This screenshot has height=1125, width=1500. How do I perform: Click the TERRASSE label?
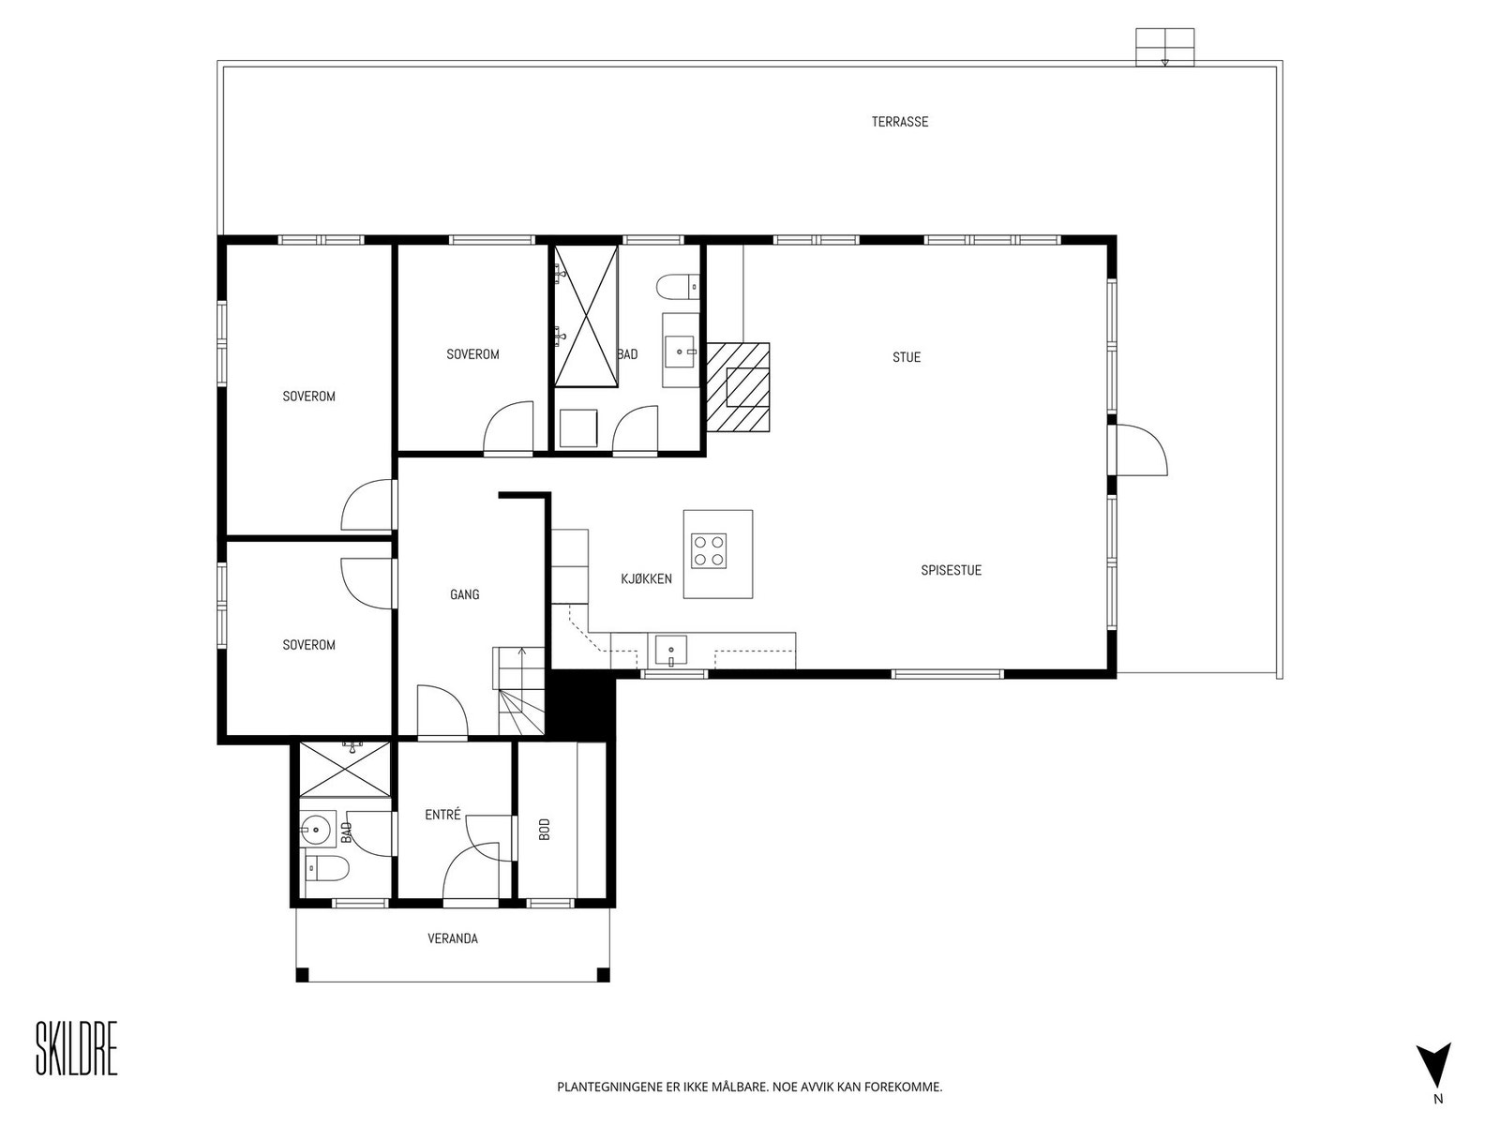tap(899, 122)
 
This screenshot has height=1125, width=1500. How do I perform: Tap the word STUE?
tap(907, 357)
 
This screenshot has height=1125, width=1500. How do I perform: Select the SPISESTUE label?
tap(951, 570)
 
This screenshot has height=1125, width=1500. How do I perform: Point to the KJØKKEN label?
tap(646, 579)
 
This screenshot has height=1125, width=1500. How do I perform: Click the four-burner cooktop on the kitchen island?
tap(709, 550)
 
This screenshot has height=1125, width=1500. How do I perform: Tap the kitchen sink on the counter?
tap(671, 650)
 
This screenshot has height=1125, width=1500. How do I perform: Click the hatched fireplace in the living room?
tap(738, 387)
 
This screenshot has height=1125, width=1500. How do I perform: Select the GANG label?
tap(465, 595)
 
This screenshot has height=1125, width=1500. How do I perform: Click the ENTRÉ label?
tap(442, 814)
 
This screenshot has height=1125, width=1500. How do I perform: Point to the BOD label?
tap(545, 830)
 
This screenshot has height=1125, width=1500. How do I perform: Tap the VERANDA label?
tap(453, 938)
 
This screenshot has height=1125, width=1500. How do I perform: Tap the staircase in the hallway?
tap(519, 691)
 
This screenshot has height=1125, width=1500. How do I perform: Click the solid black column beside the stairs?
tap(581, 705)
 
